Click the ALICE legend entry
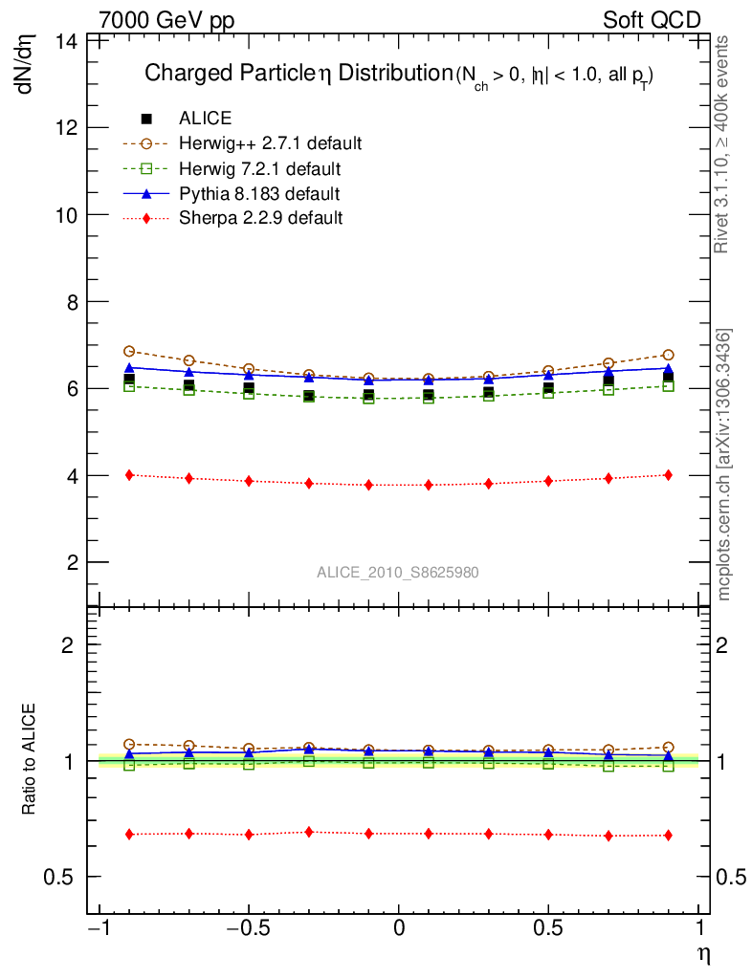click(x=205, y=119)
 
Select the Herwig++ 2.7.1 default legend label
click(x=270, y=143)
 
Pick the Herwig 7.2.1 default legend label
click(x=260, y=169)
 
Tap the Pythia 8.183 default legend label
click(x=259, y=194)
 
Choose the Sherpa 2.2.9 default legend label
click(x=260, y=218)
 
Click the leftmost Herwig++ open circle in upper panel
click(x=129, y=351)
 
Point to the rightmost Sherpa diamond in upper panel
click(x=668, y=475)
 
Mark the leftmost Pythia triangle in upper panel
click(x=129, y=367)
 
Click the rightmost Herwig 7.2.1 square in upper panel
click(x=668, y=386)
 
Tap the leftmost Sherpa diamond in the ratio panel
click(x=129, y=835)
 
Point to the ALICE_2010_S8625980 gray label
click(x=398, y=572)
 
